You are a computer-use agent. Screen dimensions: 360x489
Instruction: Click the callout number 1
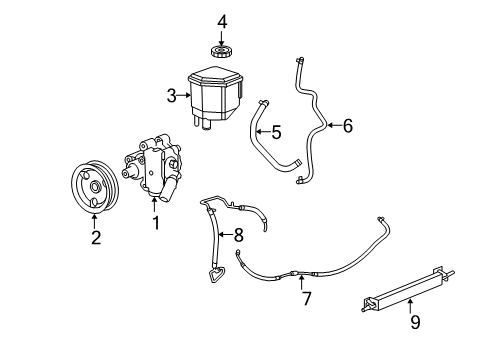(155, 223)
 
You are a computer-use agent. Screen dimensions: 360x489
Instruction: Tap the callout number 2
(96, 237)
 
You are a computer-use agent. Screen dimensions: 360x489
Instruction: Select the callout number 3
(171, 96)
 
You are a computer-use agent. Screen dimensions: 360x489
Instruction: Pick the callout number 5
(277, 131)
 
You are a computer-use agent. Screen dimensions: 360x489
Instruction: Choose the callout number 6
(347, 126)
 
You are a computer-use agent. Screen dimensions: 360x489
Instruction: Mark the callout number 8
(239, 236)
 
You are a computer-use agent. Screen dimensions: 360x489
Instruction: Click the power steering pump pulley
(94, 187)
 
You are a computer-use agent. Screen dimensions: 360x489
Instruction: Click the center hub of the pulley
(94, 187)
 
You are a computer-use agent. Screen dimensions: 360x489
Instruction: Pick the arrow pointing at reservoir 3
(184, 96)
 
